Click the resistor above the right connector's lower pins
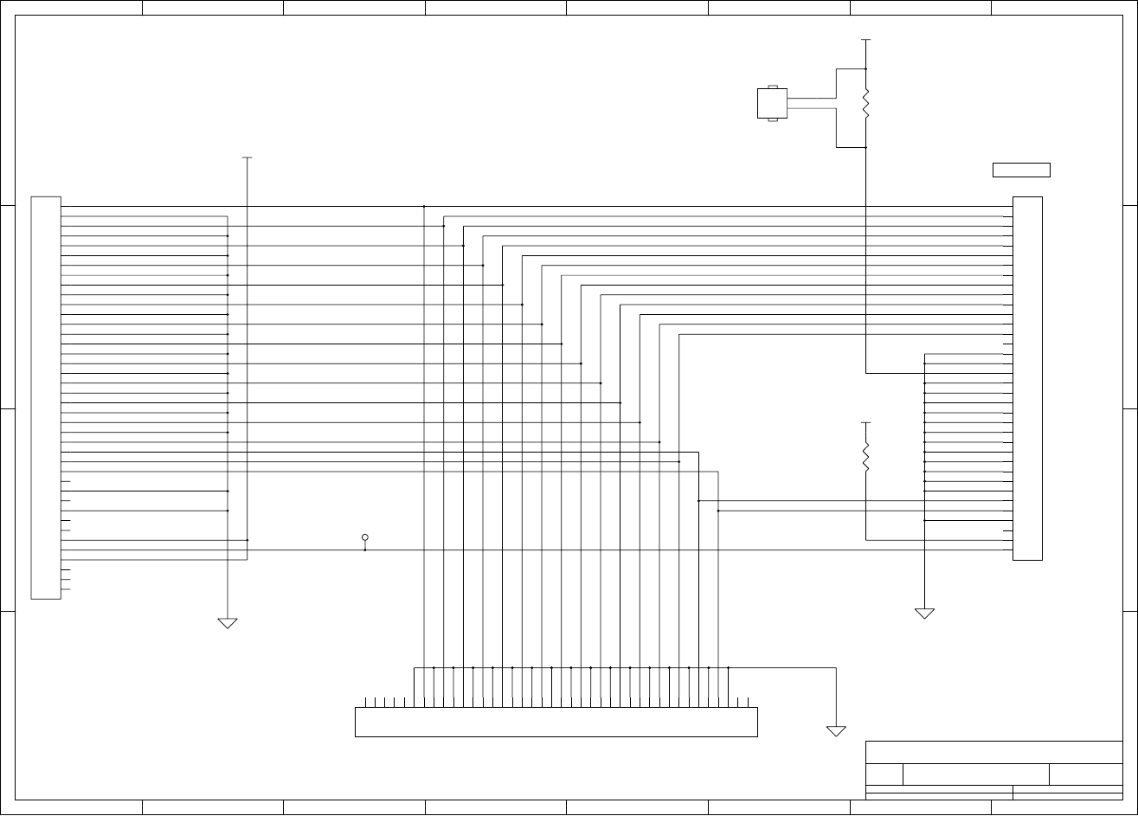pyautogui.click(x=865, y=457)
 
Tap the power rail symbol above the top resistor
pyautogui.click(x=865, y=40)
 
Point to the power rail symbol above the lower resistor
pyautogui.click(x=865, y=423)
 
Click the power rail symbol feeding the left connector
pyautogui.click(x=248, y=157)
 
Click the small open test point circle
pyautogui.click(x=365, y=537)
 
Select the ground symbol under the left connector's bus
pyautogui.click(x=228, y=623)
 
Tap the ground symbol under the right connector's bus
pyautogui.click(x=924, y=614)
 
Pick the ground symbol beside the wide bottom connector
pyautogui.click(x=836, y=731)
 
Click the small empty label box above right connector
pyautogui.click(x=1021, y=170)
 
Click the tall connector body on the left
pyautogui.click(x=46, y=397)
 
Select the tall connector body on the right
pyautogui.click(x=1027, y=378)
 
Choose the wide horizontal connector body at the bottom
pyautogui.click(x=556, y=722)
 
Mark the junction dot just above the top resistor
pyautogui.click(x=865, y=69)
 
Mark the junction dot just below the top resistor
pyautogui.click(x=865, y=148)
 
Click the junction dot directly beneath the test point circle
pyautogui.click(x=365, y=550)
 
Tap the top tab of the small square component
pyautogui.click(x=772, y=87)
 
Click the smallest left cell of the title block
pyautogui.click(x=884, y=774)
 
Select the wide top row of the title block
pyautogui.click(x=993, y=752)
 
